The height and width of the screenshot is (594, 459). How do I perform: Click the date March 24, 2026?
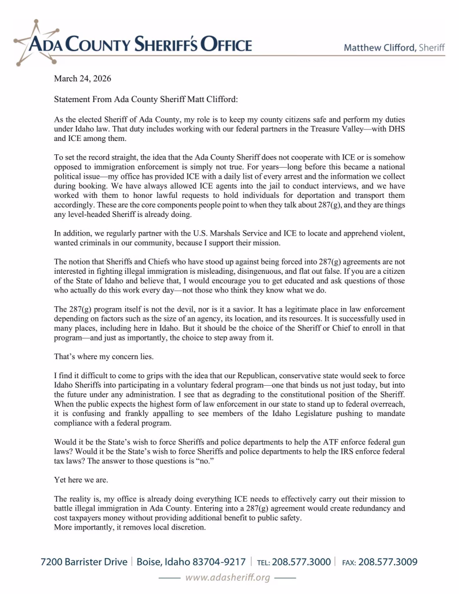point(82,78)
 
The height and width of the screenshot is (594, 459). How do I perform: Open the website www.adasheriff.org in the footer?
point(228,578)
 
